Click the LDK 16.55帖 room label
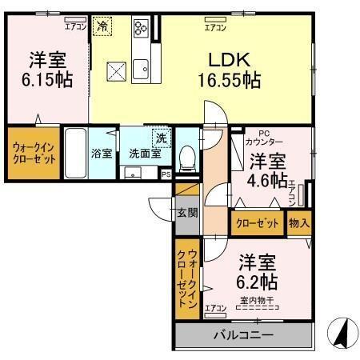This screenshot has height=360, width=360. pyautogui.click(x=229, y=70)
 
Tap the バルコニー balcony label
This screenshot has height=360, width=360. pyautogui.click(x=242, y=335)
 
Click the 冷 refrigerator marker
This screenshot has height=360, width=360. pyautogui.click(x=102, y=27)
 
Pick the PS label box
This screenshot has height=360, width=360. pyautogui.click(x=166, y=174)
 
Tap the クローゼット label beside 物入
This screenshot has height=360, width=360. pyautogui.click(x=256, y=223)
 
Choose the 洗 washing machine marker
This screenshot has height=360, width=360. pyautogui.click(x=161, y=137)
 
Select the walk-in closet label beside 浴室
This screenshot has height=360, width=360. pyautogui.click(x=33, y=151)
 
